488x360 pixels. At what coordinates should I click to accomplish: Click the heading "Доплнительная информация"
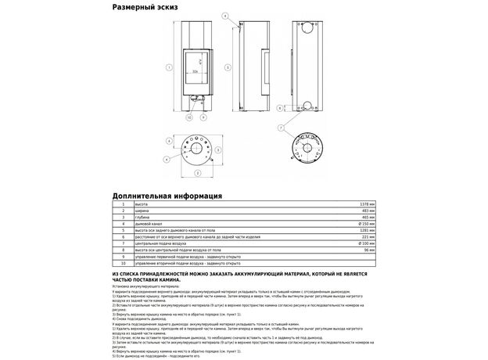click(x=167, y=196)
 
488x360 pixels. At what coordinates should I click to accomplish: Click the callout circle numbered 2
click(x=197, y=172)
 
